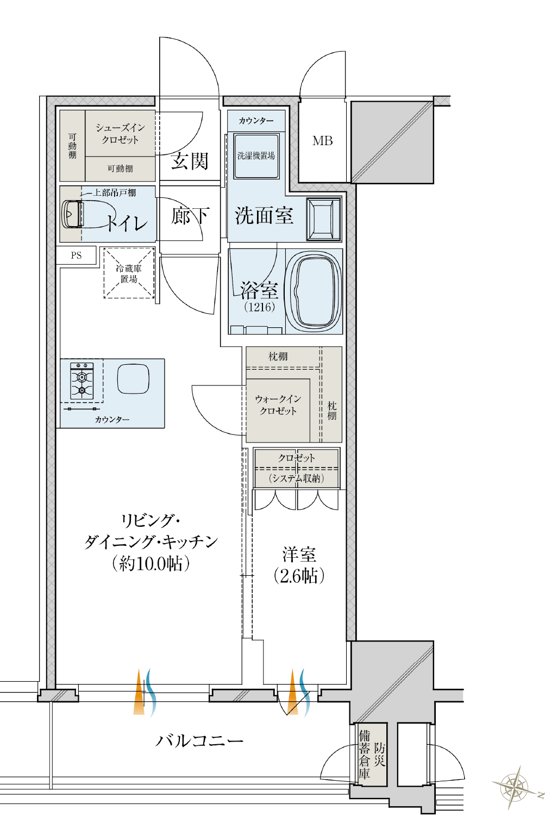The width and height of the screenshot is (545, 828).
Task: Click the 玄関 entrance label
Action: coord(190,161)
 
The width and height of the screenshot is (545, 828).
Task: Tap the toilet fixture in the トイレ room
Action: coord(73,214)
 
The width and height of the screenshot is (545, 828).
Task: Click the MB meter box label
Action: coord(322,141)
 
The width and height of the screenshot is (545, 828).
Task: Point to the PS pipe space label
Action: coord(76,256)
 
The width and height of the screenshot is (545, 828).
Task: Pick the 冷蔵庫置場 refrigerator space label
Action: coord(129,273)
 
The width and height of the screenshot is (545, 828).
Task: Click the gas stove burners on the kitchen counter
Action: coord(82,381)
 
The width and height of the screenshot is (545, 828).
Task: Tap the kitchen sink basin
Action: coord(133,379)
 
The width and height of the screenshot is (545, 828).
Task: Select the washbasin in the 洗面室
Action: coord(324,219)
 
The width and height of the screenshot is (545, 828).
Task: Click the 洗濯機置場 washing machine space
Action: coord(256,156)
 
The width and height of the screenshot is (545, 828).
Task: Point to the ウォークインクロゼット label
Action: coord(278,405)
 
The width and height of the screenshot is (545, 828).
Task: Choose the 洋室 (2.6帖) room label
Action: coord(299,565)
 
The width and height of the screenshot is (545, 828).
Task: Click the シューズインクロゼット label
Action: coord(120,133)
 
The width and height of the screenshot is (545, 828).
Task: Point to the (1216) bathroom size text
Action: coord(259,307)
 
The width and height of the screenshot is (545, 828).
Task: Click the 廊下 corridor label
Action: coord(190,216)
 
